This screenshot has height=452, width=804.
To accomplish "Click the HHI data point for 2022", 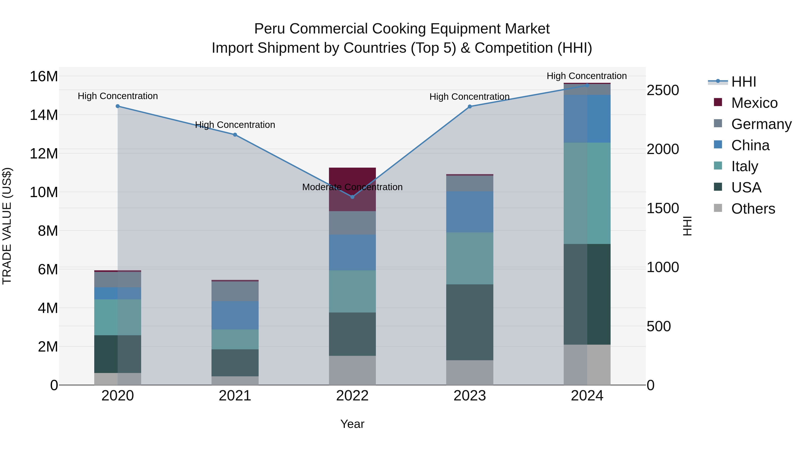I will pos(352,197).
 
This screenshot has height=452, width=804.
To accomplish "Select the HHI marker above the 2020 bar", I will pos(118,106).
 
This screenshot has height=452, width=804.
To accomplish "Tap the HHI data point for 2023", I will pos(470,106).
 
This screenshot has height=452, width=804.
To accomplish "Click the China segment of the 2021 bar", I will pos(235,315).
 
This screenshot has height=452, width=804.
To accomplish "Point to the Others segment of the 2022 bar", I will pos(352,370).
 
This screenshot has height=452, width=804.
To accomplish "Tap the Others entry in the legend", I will pos(753,209).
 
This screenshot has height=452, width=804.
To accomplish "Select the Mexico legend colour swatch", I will pos(718,102).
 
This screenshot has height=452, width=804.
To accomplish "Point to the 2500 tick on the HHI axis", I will pos(662,90).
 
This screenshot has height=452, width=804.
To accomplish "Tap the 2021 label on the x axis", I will pos(235,396).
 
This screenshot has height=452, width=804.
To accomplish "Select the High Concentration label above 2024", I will pos(586,76).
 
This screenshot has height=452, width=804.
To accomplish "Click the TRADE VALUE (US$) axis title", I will pos(7,226).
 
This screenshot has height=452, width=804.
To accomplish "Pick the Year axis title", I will pos(352,424).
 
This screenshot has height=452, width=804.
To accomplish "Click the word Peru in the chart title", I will pos(269,29).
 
